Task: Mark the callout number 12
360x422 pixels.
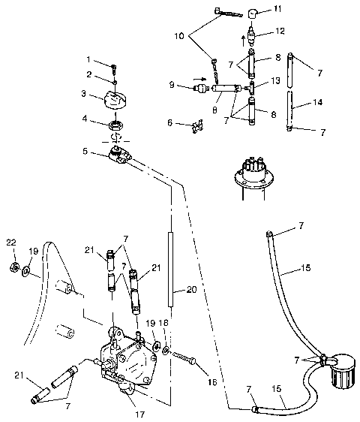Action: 280,32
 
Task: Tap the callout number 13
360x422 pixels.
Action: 276,80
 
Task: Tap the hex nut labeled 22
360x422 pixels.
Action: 13,267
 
